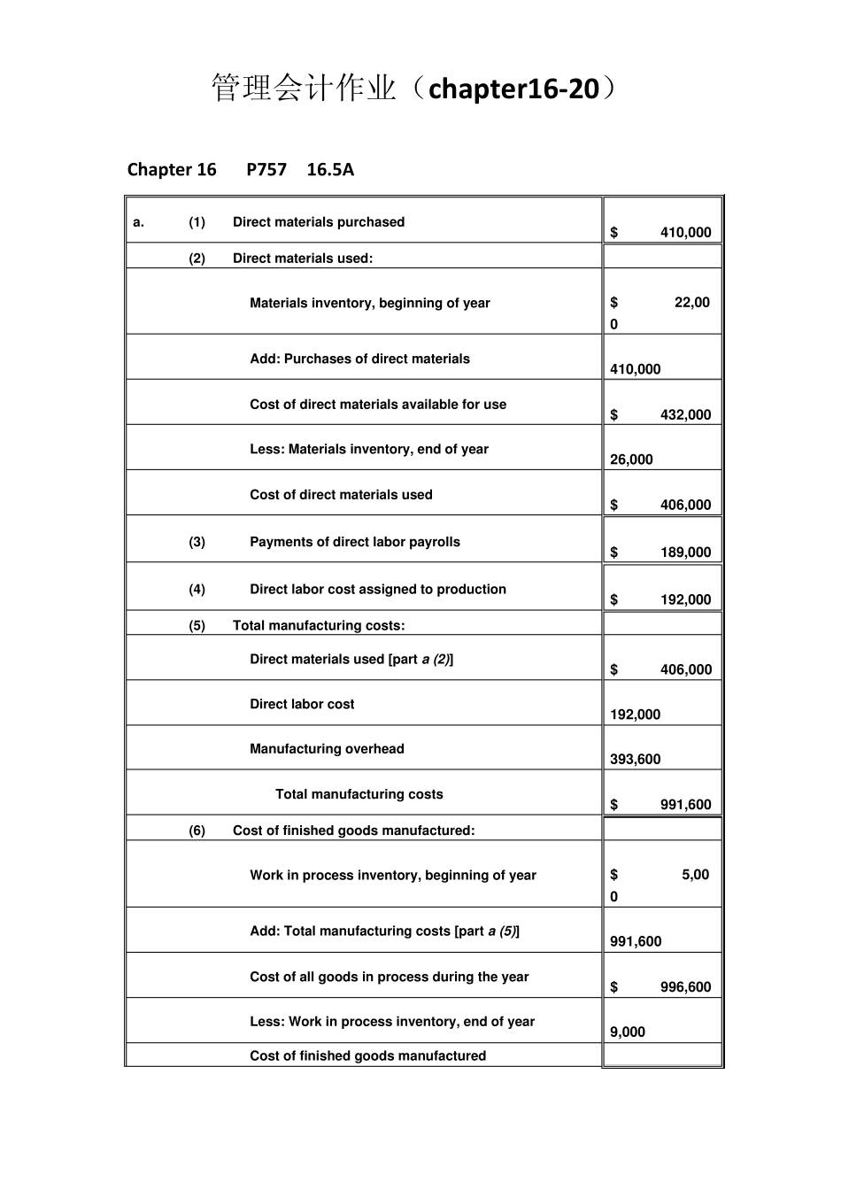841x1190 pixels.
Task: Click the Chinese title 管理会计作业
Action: click(x=304, y=89)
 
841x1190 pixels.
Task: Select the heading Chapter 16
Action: click(x=172, y=169)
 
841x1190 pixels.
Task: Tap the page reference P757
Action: click(x=266, y=169)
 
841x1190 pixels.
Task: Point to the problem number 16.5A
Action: click(x=330, y=169)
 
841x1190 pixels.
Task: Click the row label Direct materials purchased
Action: click(x=319, y=222)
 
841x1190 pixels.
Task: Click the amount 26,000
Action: click(x=631, y=460)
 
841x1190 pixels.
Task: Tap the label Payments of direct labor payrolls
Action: click(x=355, y=542)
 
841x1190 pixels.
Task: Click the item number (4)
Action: click(x=197, y=590)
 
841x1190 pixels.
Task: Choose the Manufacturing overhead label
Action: click(x=327, y=749)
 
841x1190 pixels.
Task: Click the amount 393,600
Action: click(x=635, y=760)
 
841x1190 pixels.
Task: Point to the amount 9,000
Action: click(x=628, y=1032)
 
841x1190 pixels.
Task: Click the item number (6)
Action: click(x=197, y=831)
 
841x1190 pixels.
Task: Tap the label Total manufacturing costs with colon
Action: click(x=319, y=626)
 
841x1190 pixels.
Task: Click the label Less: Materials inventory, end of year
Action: click(x=369, y=450)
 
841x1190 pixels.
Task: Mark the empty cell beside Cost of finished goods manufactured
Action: click(x=662, y=1055)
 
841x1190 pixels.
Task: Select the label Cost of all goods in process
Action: click(x=389, y=977)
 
